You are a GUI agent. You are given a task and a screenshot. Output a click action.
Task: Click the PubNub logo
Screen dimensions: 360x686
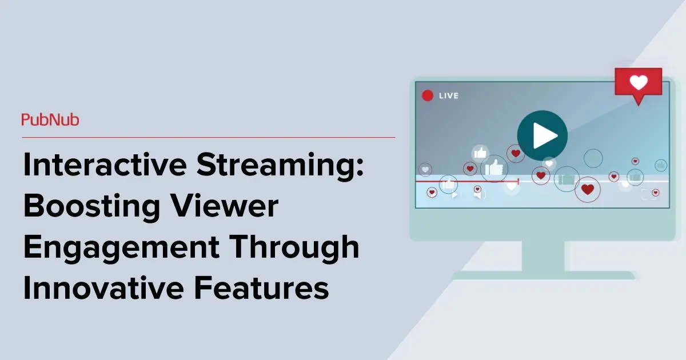tap(50, 120)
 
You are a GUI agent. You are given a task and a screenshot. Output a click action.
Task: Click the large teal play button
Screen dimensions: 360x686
tap(542, 135)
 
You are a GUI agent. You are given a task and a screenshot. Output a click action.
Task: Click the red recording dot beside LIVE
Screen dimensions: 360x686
tap(427, 96)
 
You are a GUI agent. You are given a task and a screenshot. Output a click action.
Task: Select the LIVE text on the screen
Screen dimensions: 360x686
tap(449, 96)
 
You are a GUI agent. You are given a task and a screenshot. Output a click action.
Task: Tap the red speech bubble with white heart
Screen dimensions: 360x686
tap(638, 84)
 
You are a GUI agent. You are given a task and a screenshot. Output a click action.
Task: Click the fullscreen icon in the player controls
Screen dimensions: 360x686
tap(648, 194)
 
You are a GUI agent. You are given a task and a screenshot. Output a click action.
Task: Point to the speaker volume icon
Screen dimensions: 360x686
tap(479, 195)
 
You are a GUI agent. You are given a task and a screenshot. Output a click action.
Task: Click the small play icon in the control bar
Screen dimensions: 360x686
tap(455, 195)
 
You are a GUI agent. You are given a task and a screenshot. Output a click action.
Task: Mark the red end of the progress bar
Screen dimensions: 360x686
tap(518, 181)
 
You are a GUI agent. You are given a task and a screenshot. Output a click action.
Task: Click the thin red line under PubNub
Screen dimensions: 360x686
tap(209, 137)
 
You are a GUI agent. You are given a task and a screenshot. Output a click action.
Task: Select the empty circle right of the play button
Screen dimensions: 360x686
tap(593, 158)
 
